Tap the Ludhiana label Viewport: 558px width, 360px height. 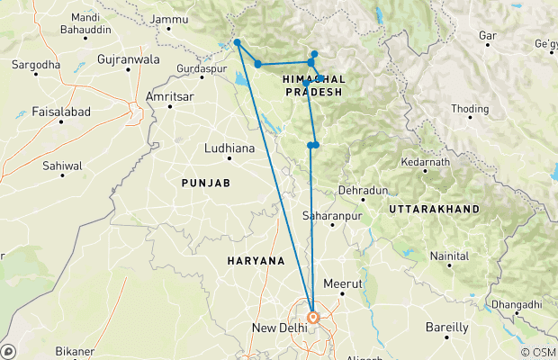[x=230, y=147]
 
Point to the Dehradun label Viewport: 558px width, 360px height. [x=362, y=191]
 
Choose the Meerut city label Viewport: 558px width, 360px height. [x=347, y=283]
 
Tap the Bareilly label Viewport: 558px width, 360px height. [x=451, y=327]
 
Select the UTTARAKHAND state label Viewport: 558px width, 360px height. [x=434, y=209]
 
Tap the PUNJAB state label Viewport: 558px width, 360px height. [x=206, y=183]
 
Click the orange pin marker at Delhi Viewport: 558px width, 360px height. [x=313, y=317]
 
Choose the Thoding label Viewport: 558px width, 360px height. [x=470, y=109]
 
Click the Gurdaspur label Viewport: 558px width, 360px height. [x=199, y=68]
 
